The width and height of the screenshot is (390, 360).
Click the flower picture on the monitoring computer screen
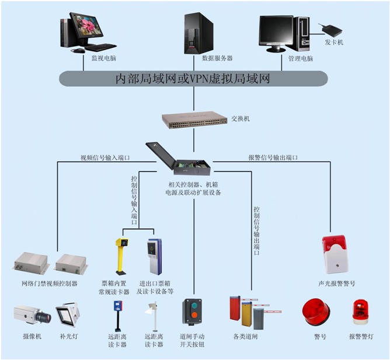click(x=86, y=26)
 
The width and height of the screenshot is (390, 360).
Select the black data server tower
click(x=199, y=33)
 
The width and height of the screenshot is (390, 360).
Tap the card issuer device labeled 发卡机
click(x=330, y=29)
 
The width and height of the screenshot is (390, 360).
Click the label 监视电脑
click(x=104, y=58)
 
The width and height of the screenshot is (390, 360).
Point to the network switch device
click(x=194, y=120)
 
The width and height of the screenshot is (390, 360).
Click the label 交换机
click(x=241, y=118)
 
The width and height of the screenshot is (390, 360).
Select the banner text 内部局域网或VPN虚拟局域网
click(x=193, y=79)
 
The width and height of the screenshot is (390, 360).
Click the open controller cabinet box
click(x=178, y=159)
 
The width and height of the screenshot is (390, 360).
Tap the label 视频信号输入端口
click(x=105, y=158)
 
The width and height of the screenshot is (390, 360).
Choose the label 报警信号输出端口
click(x=273, y=158)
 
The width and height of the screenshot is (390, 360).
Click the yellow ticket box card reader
click(x=121, y=257)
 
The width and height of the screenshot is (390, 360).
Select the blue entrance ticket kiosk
click(x=155, y=257)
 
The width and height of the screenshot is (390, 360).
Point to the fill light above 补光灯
click(x=68, y=314)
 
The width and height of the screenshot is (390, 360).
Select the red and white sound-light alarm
click(x=335, y=254)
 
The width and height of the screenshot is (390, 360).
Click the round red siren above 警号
click(x=316, y=312)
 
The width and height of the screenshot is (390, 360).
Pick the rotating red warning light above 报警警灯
click(x=360, y=312)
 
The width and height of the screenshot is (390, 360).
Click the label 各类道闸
click(x=245, y=337)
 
